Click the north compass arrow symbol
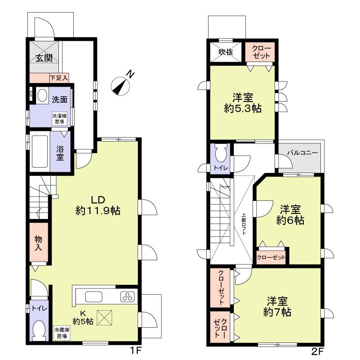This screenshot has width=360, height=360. point(120,85)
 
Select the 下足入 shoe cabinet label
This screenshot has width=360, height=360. point(58,78)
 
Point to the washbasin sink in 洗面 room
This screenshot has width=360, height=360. point(42,96)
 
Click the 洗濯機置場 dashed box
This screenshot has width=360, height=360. point(59,119)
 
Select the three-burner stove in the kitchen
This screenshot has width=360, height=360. point(126,297)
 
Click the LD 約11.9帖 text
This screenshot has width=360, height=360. point(98,205)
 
